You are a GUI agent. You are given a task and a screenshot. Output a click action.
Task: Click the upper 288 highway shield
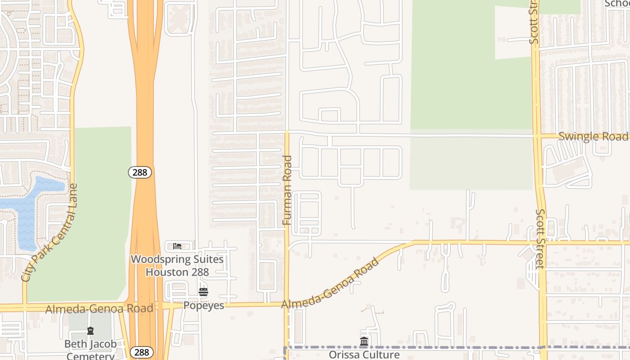click(x=140, y=172)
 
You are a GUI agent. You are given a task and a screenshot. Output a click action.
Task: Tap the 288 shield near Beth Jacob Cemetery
click(x=141, y=352)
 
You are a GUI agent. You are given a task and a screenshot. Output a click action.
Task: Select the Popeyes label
click(x=203, y=306)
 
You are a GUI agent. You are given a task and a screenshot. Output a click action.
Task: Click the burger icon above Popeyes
click(x=203, y=292)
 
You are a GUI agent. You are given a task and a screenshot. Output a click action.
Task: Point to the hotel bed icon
click(x=177, y=246)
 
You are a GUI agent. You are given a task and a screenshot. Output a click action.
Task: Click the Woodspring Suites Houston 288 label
click(x=177, y=265)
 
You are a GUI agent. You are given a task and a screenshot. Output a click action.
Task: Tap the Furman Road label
click(x=288, y=190)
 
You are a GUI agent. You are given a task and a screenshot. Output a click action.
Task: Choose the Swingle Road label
click(x=593, y=136)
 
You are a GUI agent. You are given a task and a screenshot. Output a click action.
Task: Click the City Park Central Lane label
click(x=49, y=233)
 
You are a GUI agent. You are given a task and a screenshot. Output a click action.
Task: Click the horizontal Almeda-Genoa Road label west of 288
click(x=99, y=308)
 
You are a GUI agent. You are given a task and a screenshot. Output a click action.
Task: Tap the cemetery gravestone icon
click(x=90, y=331)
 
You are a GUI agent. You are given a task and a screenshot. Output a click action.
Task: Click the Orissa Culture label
click(x=364, y=355)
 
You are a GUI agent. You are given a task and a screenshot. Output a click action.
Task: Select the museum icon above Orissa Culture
click(x=364, y=341)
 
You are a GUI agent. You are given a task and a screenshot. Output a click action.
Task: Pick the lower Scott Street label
click(x=540, y=238)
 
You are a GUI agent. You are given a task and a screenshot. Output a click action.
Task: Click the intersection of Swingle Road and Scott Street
click(x=536, y=135)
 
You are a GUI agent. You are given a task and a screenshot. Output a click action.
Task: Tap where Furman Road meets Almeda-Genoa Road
click(x=287, y=304)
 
